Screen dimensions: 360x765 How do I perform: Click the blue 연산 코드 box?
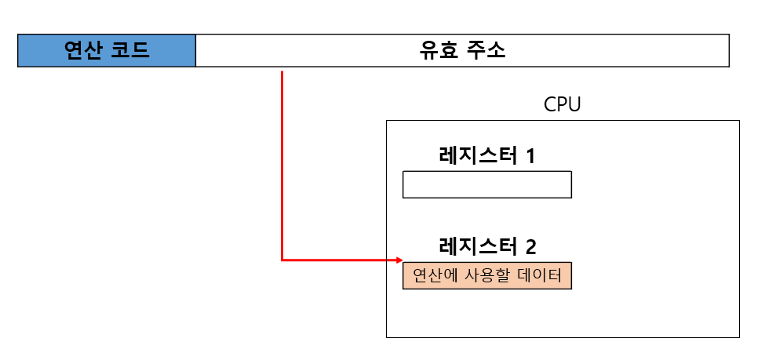point(107,51)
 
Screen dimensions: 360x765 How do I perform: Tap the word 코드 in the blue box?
point(129,51)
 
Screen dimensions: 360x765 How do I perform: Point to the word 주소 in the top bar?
point(486,51)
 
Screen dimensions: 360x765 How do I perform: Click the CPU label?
point(563,104)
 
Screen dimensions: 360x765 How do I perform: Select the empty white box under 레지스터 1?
point(486,184)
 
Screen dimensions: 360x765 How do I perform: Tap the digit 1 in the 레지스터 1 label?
point(530,156)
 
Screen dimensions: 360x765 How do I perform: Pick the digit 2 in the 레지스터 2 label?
point(531,247)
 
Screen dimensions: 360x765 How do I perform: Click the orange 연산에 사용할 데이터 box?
point(486,275)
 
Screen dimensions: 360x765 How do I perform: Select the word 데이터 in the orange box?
point(541,275)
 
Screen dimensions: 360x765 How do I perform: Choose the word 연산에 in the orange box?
point(435,275)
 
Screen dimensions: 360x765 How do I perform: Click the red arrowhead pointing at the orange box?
point(399,260)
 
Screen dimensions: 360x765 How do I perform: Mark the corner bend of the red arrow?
point(282,260)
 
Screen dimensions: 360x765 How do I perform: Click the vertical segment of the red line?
point(282,165)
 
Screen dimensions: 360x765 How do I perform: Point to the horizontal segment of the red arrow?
point(337,260)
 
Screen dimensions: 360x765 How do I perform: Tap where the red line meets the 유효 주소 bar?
point(282,70)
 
